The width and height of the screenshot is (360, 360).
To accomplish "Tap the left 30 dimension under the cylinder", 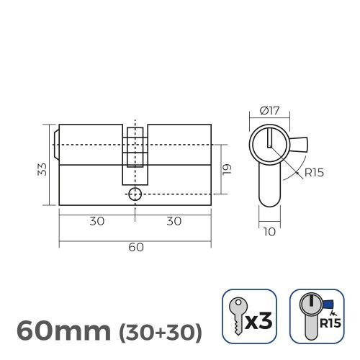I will click(x=96, y=221).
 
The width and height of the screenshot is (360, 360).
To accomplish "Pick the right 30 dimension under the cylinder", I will click(x=174, y=221).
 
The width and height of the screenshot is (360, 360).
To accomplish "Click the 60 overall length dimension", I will click(x=135, y=247).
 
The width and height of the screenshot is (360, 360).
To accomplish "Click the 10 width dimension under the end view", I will click(x=268, y=232).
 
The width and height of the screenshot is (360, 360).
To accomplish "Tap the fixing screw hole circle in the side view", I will click(x=135, y=194).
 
